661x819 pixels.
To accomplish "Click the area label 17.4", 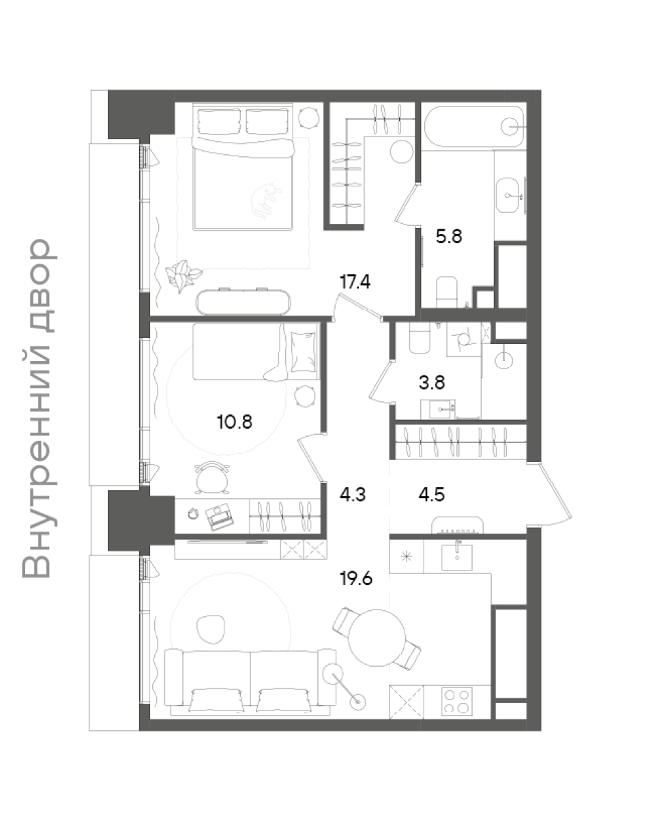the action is pyautogui.click(x=355, y=282).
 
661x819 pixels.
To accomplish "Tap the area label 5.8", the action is pyautogui.click(x=448, y=236).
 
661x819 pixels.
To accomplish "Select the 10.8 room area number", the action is pyautogui.click(x=235, y=422).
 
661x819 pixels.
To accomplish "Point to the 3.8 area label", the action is pyautogui.click(x=432, y=383).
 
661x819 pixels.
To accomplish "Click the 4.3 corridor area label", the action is pyautogui.click(x=353, y=495).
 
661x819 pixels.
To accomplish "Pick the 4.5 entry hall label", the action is pyautogui.click(x=432, y=495).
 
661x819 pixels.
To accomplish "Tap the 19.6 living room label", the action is pyautogui.click(x=356, y=578).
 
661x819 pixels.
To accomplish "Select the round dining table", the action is pyautogui.click(x=377, y=637).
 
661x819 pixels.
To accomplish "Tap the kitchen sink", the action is pyautogui.click(x=456, y=557).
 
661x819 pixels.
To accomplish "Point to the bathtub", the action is pyautogui.click(x=474, y=126).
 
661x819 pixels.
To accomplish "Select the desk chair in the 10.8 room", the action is pyautogui.click(x=212, y=478).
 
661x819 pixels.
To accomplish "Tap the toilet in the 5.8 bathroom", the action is pyautogui.click(x=447, y=292).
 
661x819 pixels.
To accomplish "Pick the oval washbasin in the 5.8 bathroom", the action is pyautogui.click(x=508, y=195).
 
